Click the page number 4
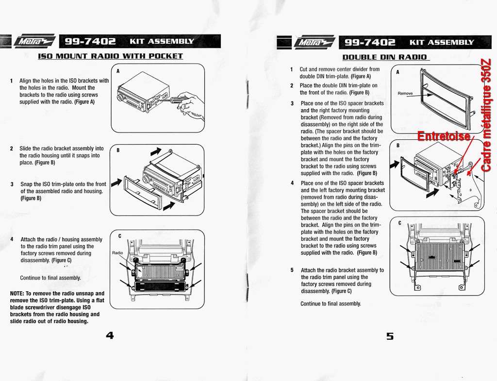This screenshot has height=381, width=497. coord(110,335)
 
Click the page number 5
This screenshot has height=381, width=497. coord(390,336)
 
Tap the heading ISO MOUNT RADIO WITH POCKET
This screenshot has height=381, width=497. coord(110,56)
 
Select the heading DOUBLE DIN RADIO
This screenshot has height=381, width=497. coord(384,57)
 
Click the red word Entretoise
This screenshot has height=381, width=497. coord(444,136)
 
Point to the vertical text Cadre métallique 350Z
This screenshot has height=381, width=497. coord(487,115)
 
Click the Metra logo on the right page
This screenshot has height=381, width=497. coord(315,42)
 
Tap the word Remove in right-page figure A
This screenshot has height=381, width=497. coord(405,93)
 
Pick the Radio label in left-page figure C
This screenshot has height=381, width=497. coord(117,253)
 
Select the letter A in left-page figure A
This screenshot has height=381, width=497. coord(118,71)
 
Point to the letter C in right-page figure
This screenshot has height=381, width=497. coord(399,223)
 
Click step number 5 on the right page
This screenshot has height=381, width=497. coord(292,270)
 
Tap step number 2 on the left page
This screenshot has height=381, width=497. coord(12,149)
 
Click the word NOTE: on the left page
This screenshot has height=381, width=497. coord(17,294)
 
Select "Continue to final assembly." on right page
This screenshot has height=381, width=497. coord(331,304)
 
